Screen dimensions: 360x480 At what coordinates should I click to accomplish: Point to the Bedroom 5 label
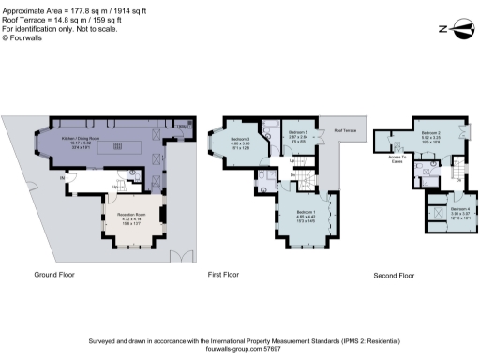[x=299, y=132]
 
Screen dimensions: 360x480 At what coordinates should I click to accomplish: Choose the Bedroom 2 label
[x=430, y=134]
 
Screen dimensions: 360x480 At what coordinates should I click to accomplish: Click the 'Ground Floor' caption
[x=54, y=275]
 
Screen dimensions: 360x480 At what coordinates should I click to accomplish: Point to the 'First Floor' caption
[x=225, y=275]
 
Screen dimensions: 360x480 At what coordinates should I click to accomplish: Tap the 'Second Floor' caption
[x=394, y=276]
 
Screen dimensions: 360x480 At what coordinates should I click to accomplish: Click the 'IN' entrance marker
[x=63, y=177]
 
